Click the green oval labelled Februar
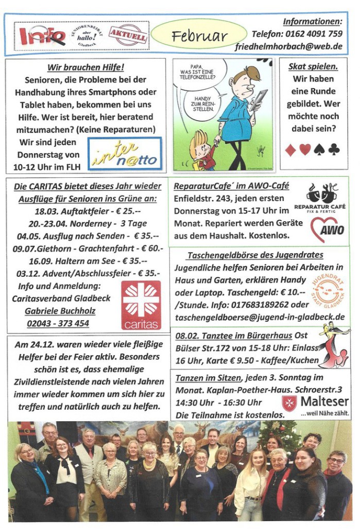(x=199, y=36)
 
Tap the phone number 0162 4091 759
(x=297, y=34)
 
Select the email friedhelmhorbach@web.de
(x=289, y=46)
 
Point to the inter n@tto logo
(x=125, y=154)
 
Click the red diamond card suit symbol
(x=290, y=150)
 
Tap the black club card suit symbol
(x=334, y=149)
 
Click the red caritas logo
(x=141, y=305)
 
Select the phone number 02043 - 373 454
(x=58, y=324)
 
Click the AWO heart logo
(x=327, y=228)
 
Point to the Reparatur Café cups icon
(x=320, y=192)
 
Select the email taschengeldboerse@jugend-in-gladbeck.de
(x=260, y=317)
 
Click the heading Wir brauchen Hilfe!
(x=86, y=68)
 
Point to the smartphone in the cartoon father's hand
(x=259, y=99)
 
